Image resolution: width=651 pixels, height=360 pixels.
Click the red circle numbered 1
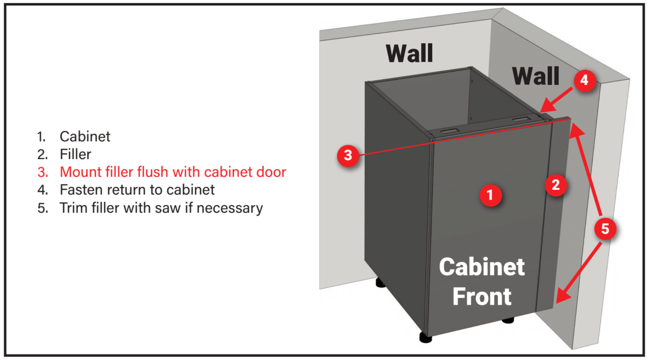[490, 195]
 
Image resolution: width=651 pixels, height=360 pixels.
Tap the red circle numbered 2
[556, 185]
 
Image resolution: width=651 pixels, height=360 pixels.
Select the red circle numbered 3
[348, 155]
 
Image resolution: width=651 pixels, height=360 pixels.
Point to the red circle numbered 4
[584, 80]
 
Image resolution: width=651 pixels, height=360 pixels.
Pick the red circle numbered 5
[605, 229]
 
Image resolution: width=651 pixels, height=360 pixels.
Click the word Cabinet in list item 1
[85, 137]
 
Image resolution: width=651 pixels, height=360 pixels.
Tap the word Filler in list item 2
[75, 155]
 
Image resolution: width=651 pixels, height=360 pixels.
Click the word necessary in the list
[230, 208]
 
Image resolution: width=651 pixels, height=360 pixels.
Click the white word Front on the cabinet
[482, 296]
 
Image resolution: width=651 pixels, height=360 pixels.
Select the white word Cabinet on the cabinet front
[482, 267]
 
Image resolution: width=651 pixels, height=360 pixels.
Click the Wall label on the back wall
[409, 53]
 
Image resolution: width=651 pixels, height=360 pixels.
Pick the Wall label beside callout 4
[536, 76]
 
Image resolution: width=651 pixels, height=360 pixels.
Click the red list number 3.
[42, 172]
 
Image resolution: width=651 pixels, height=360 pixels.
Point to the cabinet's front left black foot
[426, 337]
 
